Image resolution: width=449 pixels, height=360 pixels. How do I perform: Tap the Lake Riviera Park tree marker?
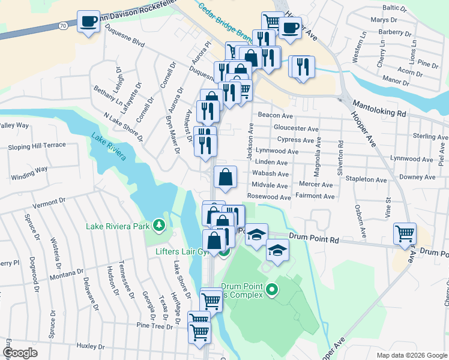tap(159, 225)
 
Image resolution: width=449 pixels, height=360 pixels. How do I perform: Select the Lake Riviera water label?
tap(109, 147)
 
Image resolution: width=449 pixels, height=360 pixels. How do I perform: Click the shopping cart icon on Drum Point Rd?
tap(405, 234)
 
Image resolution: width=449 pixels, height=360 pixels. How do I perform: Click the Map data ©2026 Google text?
tap(411, 355)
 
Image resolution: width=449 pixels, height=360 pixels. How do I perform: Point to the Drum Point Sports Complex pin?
tap(272, 291)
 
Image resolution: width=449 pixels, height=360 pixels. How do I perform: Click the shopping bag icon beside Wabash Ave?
tap(226, 177)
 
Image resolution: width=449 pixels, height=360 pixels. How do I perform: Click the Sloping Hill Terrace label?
tap(37, 146)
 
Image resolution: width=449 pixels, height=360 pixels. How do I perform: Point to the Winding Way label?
tap(28, 169)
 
